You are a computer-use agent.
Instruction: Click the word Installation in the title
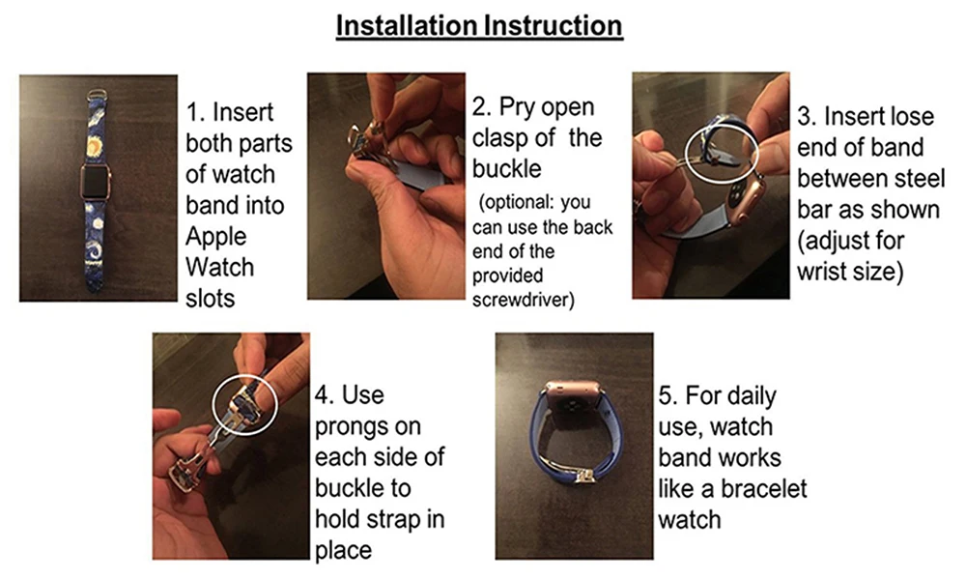406,26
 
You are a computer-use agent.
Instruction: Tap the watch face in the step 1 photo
96,181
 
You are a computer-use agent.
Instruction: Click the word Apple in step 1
215,237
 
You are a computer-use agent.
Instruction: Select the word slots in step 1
210,299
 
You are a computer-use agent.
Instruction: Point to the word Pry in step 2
516,107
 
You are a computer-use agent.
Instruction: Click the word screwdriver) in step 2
523,301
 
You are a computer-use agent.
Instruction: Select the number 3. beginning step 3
807,117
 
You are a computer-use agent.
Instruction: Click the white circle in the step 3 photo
722,125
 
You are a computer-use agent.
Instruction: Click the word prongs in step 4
368,427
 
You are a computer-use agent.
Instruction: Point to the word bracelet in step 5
763,489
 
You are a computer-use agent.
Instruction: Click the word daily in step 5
751,395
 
